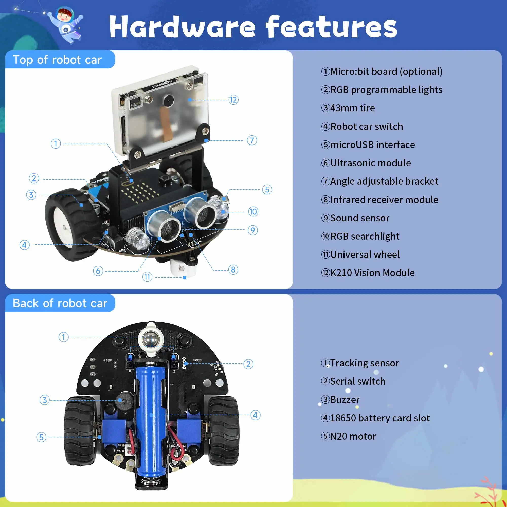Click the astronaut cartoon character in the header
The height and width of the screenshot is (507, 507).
pyautogui.click(x=66, y=25)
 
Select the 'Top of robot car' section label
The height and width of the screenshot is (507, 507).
pyautogui.click(x=57, y=60)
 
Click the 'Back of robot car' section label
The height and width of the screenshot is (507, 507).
pyautogui.click(x=60, y=303)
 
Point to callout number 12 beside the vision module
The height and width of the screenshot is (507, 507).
pyautogui.click(x=233, y=100)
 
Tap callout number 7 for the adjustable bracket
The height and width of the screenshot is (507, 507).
pyautogui.click(x=252, y=140)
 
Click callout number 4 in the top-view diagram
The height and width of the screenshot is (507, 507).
pyautogui.click(x=25, y=245)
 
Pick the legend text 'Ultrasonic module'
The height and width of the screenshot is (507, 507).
pyautogui.click(x=370, y=163)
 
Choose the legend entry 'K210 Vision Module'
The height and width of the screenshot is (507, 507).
pyautogui.click(x=372, y=273)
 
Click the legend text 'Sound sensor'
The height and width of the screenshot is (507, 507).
pyautogui.click(x=359, y=218)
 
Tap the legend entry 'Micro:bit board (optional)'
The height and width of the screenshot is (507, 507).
pyautogui.click(x=386, y=71)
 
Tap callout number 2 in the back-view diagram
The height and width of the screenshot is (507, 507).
pyautogui.click(x=248, y=364)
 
